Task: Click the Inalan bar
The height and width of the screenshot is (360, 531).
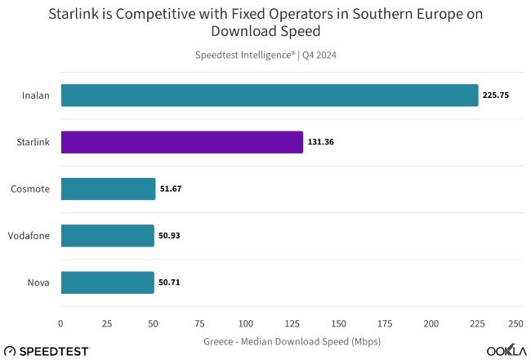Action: [x=269, y=96]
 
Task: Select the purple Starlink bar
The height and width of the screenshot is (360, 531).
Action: [x=181, y=142]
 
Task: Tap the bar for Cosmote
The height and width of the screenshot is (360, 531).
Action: [x=108, y=189]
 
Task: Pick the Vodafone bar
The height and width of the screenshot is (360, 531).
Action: [x=107, y=236]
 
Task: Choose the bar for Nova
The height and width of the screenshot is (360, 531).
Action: [x=107, y=282]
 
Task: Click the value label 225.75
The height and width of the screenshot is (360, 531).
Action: [x=496, y=96]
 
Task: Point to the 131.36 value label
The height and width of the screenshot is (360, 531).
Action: [x=321, y=142]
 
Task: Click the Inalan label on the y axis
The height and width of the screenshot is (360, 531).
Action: [x=36, y=96]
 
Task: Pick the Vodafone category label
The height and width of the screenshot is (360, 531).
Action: [x=29, y=236]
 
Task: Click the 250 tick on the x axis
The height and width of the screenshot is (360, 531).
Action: [x=515, y=324]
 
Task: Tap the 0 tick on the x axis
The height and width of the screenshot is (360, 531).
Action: [x=61, y=324]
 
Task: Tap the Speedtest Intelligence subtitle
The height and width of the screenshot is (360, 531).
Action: [x=266, y=56]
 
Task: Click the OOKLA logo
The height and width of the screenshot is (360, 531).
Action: [x=506, y=350]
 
